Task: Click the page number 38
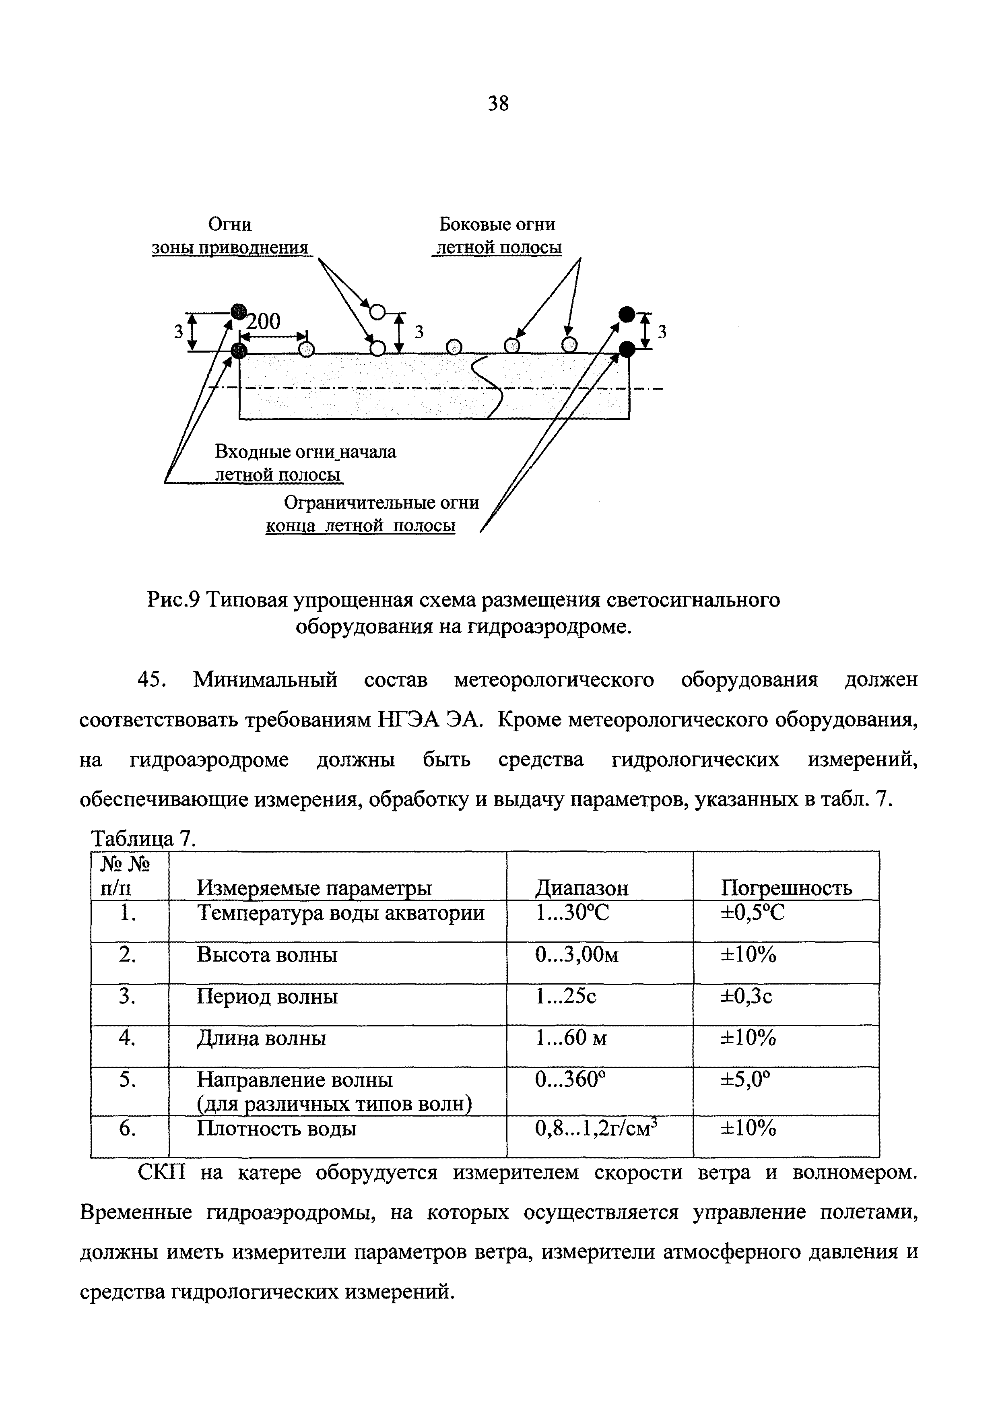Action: pos(498,104)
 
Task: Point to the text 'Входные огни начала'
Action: pos(305,452)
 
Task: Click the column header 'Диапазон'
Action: pos(582,888)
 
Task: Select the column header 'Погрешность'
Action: pos(786,888)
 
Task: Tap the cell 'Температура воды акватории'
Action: pos(340,913)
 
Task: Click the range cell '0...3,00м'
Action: pos(576,955)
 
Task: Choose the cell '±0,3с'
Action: pos(746,996)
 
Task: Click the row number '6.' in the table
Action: pos(127,1129)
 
